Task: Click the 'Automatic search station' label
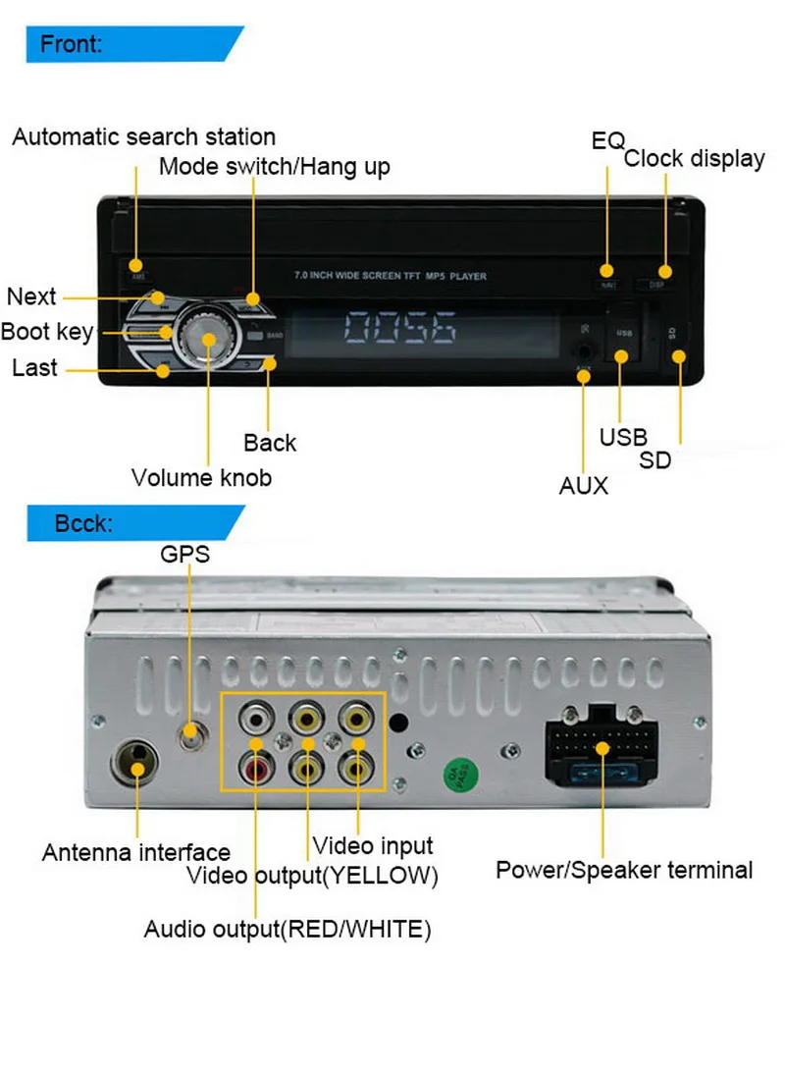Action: pos(143,136)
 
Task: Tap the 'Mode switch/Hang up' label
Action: pos(274,166)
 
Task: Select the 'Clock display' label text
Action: pos(694,158)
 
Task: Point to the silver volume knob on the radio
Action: pos(209,340)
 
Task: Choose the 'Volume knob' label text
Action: pos(201,478)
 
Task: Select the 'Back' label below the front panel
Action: pos(270,443)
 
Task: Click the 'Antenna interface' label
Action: pos(135,852)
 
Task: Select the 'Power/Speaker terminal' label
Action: pos(624,870)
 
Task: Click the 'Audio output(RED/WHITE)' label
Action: pos(288,929)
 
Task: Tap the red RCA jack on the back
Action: pos(257,766)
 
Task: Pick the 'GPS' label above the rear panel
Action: pos(185,554)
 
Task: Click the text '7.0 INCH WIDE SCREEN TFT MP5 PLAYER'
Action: pos(390,277)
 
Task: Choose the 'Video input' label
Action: pos(372,844)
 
